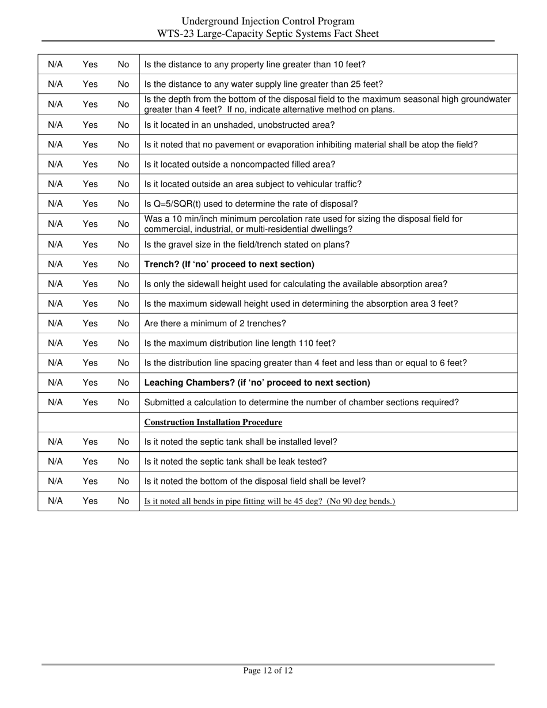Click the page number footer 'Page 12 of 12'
[268, 671]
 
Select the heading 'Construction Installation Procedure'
[212, 422]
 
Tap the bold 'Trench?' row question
[229, 265]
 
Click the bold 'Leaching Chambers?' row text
[257, 383]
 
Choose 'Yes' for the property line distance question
[90, 64]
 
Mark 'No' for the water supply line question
[123, 84]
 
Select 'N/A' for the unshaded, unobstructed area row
[55, 124]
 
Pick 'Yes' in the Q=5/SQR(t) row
[90, 204]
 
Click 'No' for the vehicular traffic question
[123, 184]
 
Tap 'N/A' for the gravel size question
[55, 245]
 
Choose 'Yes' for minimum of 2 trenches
[90, 323]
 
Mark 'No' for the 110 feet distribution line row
[123, 343]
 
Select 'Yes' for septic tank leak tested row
[90, 462]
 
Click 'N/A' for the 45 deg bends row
[55, 501]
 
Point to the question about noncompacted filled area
[240, 165]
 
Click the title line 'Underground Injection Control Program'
[268, 22]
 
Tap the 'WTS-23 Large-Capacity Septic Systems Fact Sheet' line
[268, 34]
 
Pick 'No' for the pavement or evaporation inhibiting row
[123, 145]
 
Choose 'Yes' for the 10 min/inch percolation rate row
[90, 224]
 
